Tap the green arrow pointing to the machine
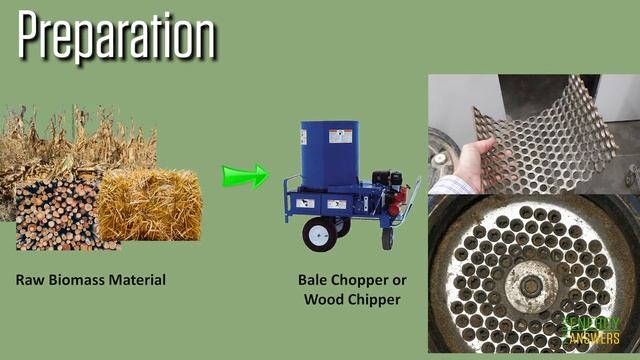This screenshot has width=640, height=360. point(244,176)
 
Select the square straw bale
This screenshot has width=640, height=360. point(150,204)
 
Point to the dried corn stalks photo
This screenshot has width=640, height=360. point(80,140)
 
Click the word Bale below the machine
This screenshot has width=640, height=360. point(314,280)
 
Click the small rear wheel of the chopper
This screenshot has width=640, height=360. point(387,238)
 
